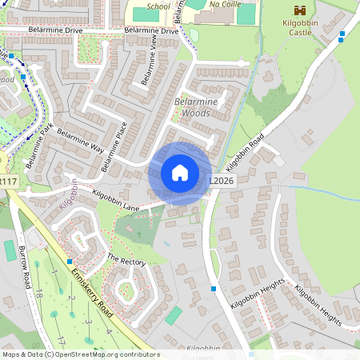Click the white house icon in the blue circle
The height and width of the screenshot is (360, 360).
point(180,173)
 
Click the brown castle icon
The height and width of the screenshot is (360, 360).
point(301,10)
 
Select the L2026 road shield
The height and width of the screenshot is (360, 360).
point(222,182)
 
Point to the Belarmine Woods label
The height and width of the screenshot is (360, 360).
point(192,108)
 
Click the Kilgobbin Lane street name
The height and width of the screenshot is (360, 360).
point(116,201)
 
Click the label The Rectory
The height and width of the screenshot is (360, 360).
point(126,261)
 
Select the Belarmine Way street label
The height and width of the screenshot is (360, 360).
point(81,144)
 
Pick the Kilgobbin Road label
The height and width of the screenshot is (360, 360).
point(245,152)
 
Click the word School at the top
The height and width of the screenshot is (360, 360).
point(158,6)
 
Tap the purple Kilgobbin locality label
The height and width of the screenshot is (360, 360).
point(69,195)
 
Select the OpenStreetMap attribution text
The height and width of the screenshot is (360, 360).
point(81,354)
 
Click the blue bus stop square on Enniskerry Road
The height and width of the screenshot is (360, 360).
point(70,262)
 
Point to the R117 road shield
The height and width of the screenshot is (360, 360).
point(8,182)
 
